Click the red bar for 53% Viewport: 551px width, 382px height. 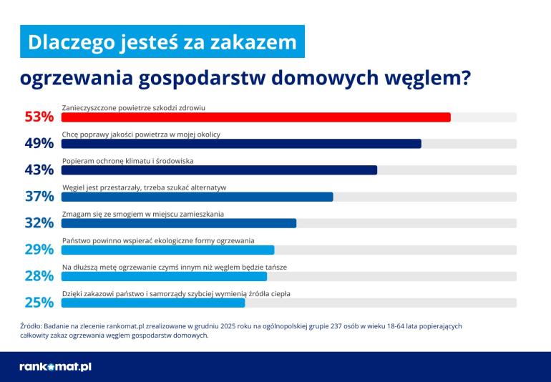click(256, 117)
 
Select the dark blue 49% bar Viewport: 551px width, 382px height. click(241, 144)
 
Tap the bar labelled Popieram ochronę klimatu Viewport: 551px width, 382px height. click(219, 170)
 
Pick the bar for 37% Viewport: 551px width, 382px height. click(198, 197)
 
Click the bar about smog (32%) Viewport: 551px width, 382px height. click(179, 223)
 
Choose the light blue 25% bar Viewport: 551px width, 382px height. click(153, 303)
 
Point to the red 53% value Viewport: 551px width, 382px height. click(39, 117)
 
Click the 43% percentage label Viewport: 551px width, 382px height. click(39, 170)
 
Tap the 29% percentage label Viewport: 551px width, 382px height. click(39, 249)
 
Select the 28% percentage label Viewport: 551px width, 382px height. click(39, 275)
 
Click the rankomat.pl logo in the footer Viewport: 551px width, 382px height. click(55, 367)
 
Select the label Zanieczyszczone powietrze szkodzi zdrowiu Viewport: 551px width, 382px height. click(134, 107)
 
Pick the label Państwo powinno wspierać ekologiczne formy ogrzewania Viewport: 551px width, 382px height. click(158, 240)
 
